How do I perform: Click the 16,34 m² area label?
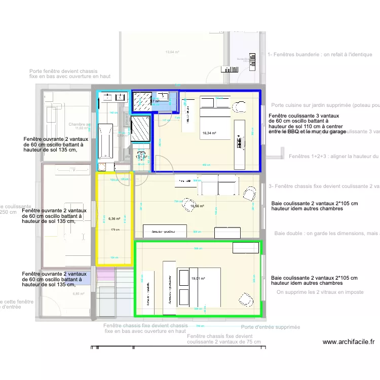(209, 134)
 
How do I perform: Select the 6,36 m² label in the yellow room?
(114, 219)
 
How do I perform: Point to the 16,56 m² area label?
(197, 206)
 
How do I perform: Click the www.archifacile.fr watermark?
(348, 342)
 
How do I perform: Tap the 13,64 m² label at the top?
(172, 52)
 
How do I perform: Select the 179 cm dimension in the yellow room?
(115, 230)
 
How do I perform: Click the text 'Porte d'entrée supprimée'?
(270, 327)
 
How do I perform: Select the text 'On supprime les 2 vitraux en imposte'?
(327, 292)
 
